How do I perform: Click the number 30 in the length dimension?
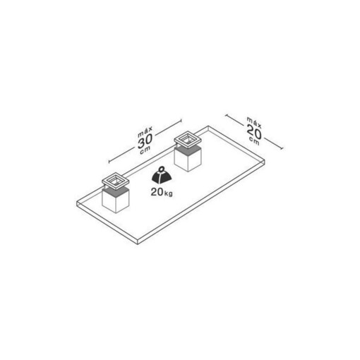click(x=145, y=141)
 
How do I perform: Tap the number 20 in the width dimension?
click(x=254, y=132)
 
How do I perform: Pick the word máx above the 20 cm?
click(x=254, y=122)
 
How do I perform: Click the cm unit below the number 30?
click(x=145, y=150)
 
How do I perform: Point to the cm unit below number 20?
click(x=255, y=141)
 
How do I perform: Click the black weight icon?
click(x=162, y=175)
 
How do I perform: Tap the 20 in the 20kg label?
click(x=157, y=192)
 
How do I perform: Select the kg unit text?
click(x=168, y=193)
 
